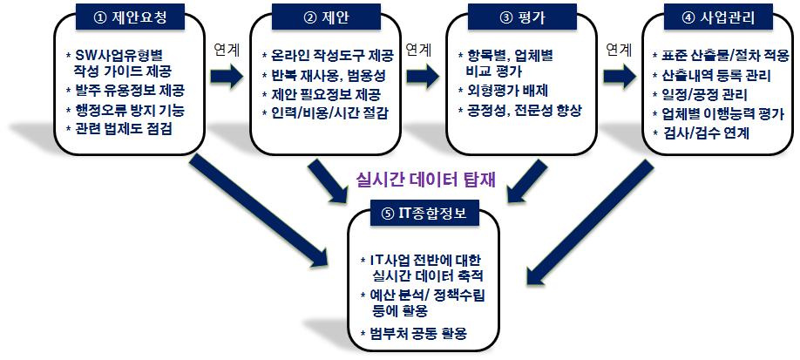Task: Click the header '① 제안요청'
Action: click(x=130, y=17)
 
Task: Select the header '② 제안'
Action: click(x=325, y=17)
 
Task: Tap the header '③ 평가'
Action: click(x=521, y=17)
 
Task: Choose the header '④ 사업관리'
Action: click(x=717, y=17)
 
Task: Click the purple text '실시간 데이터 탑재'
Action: click(x=425, y=180)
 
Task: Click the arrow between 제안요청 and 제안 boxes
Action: click(x=227, y=77)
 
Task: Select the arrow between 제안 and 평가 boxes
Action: click(x=423, y=77)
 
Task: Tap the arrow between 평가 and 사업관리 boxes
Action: click(x=620, y=77)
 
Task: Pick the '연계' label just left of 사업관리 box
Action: click(x=619, y=50)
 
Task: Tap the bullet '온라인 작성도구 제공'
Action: click(x=328, y=55)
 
